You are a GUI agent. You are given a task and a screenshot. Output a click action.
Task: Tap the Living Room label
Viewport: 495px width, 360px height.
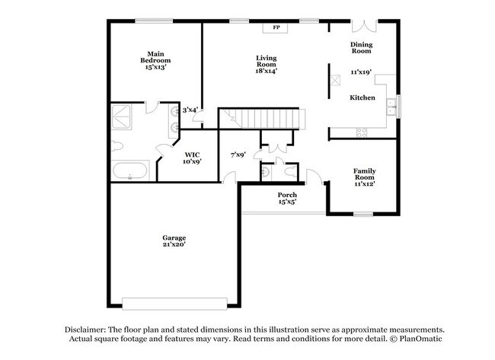(x=266, y=64)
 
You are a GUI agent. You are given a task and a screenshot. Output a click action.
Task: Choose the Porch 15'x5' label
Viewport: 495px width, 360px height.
(x=287, y=199)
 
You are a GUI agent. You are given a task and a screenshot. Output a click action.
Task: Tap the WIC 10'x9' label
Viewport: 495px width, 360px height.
(x=192, y=158)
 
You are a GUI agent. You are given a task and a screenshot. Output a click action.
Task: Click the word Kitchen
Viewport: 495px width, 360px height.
(x=362, y=98)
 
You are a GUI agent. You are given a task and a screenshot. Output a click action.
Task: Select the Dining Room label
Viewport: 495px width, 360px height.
(x=361, y=48)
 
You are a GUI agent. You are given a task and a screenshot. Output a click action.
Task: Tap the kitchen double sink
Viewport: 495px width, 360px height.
(x=392, y=105)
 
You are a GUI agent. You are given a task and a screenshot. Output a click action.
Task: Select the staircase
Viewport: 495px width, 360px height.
(x=263, y=119)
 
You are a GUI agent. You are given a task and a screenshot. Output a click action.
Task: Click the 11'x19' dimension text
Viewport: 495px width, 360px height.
(x=361, y=72)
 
